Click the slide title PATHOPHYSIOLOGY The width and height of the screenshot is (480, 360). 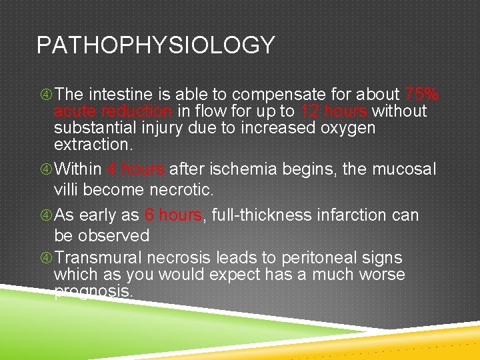(155, 45)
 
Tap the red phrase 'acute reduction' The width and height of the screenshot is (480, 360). (113, 111)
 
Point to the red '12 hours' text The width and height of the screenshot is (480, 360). (334, 111)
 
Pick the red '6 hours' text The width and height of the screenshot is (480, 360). (173, 215)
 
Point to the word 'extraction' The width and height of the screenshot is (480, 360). (92, 143)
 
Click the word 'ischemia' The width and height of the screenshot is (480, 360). (252, 169)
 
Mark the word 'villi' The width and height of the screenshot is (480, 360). (67, 190)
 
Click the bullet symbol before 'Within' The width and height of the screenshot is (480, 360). (45, 170)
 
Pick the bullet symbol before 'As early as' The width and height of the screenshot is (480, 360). (45, 216)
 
